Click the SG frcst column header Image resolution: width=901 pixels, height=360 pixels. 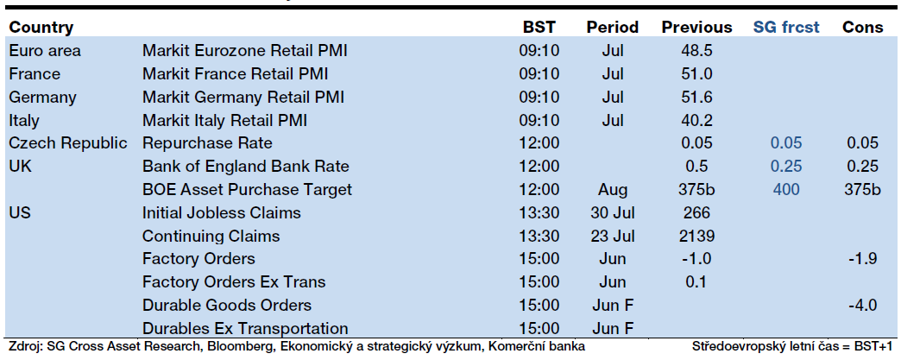pyautogui.click(x=787, y=27)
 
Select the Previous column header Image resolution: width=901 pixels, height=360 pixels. pyautogui.click(x=697, y=27)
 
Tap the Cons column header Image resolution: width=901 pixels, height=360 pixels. pyautogui.click(x=862, y=27)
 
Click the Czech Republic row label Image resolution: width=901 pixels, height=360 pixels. pyautogui.click(x=68, y=143)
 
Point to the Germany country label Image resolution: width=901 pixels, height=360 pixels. pyautogui.click(x=42, y=98)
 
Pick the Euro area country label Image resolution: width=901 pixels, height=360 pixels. pyautogui.click(x=45, y=51)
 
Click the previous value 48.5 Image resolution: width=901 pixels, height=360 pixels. pyautogui.click(x=696, y=51)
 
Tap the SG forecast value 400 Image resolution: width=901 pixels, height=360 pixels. pyautogui.click(x=786, y=189)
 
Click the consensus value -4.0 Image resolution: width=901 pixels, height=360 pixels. pyautogui.click(x=862, y=305)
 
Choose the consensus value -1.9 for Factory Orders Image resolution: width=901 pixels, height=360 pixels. pyautogui.click(x=862, y=259)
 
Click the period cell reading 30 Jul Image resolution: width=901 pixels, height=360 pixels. pyautogui.click(x=613, y=212)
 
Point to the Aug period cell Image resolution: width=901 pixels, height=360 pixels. pyautogui.click(x=613, y=189)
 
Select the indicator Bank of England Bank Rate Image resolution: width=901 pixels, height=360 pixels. pyautogui.click(x=246, y=167)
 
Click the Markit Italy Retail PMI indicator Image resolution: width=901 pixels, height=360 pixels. pyautogui.click(x=224, y=120)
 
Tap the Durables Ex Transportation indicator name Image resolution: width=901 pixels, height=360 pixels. pyautogui.click(x=245, y=328)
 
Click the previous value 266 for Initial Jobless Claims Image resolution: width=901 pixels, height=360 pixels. pyautogui.click(x=696, y=212)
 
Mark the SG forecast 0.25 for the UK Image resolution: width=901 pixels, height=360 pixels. pyautogui.click(x=786, y=167)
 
